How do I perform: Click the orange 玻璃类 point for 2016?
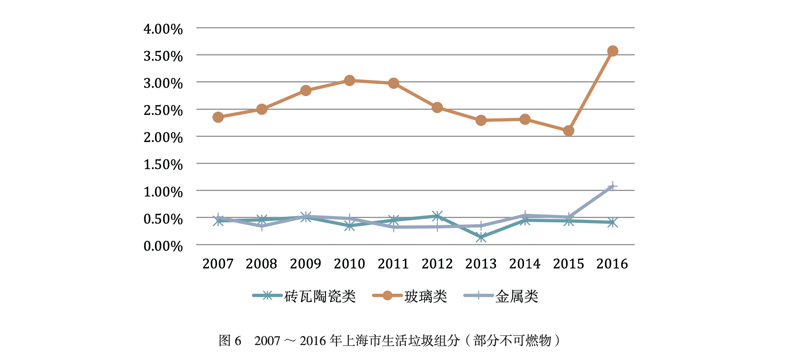point(612,51)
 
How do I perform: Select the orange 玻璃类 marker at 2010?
point(349,80)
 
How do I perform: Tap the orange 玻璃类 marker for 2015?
point(569,131)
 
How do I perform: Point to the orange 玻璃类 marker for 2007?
point(218,117)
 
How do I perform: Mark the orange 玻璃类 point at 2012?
point(437,107)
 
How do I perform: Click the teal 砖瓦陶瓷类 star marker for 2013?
point(481,237)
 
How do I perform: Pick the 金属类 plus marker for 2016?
point(612,187)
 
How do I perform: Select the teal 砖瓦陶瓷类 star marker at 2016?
point(612,222)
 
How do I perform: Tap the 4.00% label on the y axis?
point(163,29)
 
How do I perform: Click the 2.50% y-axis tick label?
point(163,111)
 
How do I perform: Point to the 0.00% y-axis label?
point(163,246)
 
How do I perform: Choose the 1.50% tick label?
point(163,165)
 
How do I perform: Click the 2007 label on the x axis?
point(218,264)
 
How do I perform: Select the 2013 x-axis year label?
point(481,264)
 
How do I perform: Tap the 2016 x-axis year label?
point(612,264)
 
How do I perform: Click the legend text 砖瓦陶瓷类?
point(320,296)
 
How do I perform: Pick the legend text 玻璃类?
point(426,296)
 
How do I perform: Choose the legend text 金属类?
point(517,296)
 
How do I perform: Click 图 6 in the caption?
point(230,341)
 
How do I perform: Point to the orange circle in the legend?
point(387,295)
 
